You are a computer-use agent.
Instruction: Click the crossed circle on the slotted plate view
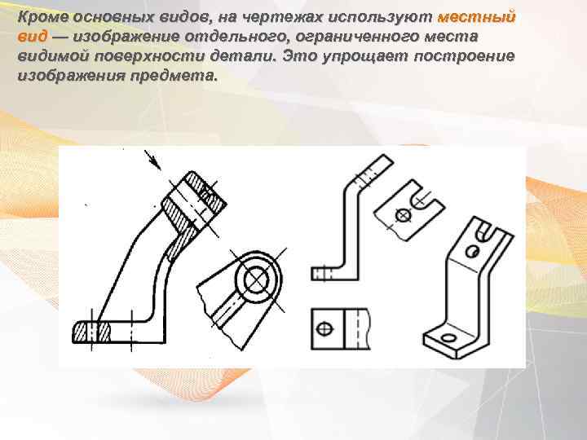(x=402, y=215)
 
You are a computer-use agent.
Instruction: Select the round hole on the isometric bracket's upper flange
(x=471, y=251)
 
